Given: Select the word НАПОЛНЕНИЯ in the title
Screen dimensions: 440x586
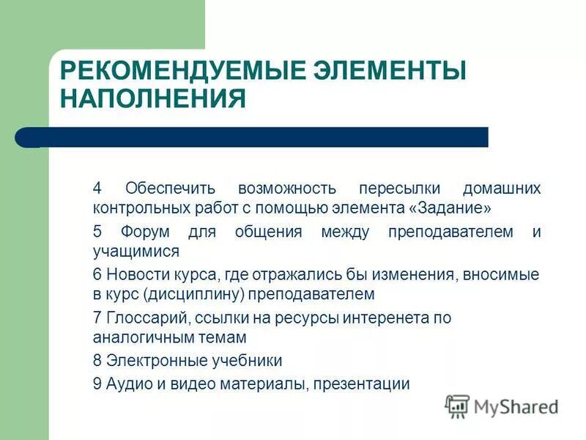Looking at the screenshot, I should (152, 99).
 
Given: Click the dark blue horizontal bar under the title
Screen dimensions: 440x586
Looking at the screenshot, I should (264, 137).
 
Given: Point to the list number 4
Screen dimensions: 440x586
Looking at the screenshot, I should (97, 188).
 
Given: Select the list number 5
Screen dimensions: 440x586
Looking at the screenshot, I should (97, 232).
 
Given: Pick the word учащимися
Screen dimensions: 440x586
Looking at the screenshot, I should (136, 251).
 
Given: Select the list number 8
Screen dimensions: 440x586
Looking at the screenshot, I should (97, 361).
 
